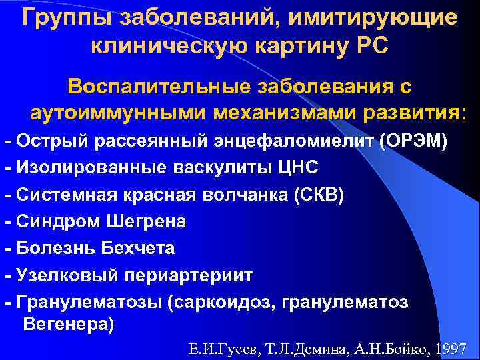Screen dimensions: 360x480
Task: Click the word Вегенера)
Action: tap(68, 325)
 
